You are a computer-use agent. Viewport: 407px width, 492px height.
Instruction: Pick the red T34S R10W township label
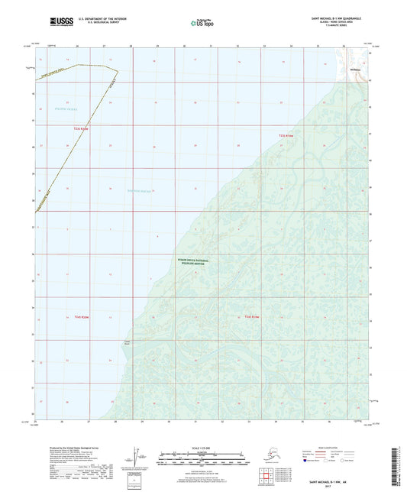[x=252, y=316]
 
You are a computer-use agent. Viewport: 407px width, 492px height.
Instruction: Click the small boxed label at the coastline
[x=128, y=342]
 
